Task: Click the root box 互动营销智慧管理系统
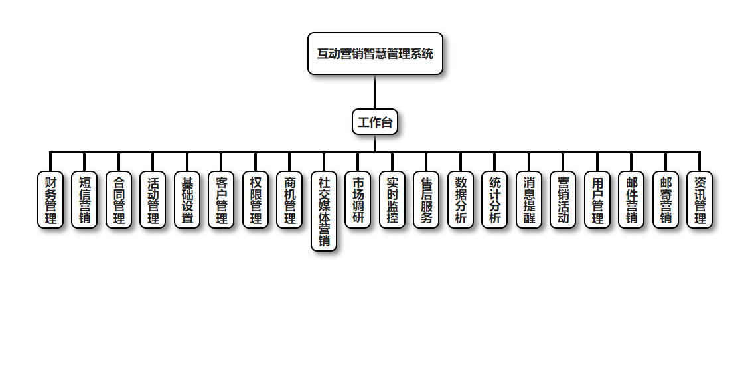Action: [375, 54]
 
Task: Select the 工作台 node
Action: [375, 122]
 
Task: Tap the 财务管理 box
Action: [50, 199]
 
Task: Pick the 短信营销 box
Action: [84, 199]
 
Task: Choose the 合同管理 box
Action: [119, 199]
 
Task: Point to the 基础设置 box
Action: [187, 199]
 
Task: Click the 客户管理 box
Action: [221, 199]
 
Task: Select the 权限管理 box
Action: [256, 199]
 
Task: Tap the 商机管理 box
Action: [289, 199]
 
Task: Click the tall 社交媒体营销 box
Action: [324, 211]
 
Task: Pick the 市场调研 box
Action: [358, 199]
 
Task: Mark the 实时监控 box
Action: [392, 199]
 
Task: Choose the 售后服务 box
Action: [426, 199]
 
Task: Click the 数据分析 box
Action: [461, 199]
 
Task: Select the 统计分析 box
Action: [494, 199]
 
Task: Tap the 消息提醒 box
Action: [529, 199]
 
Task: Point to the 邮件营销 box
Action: [631, 199]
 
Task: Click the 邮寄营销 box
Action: [666, 199]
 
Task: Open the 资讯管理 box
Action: [700, 199]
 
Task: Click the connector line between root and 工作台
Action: [375, 92]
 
